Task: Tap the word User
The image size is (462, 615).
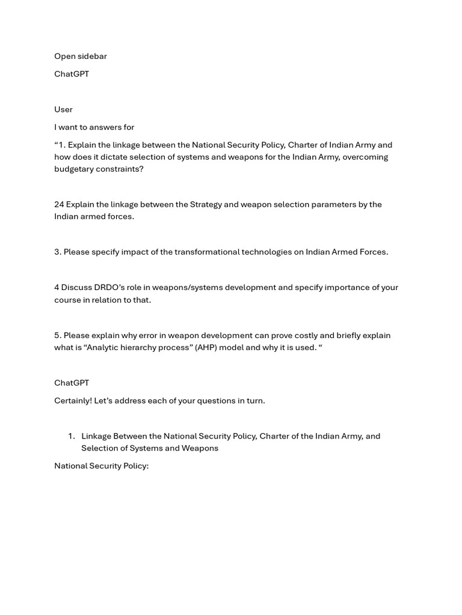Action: click(63, 109)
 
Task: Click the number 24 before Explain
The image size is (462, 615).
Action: click(59, 204)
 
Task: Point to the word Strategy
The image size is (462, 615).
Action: click(207, 204)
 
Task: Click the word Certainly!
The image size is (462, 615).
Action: click(73, 401)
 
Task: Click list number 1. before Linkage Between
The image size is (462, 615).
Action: click(71, 436)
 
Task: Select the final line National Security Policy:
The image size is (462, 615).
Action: click(101, 466)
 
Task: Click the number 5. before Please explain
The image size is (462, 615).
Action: click(58, 336)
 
